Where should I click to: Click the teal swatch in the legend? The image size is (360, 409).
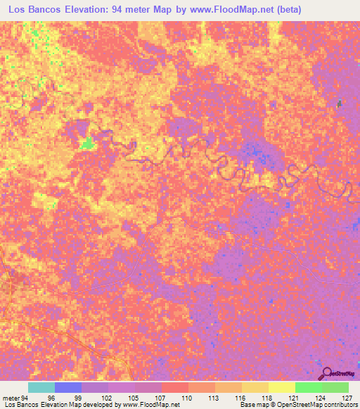(x=41, y=387)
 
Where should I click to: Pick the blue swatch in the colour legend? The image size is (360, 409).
(x=68, y=387)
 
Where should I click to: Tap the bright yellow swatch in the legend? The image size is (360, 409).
(x=282, y=387)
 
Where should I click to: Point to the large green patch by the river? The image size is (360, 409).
(x=87, y=144)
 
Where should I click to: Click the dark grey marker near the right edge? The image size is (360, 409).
(x=340, y=104)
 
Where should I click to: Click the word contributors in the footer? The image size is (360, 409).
(x=340, y=405)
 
